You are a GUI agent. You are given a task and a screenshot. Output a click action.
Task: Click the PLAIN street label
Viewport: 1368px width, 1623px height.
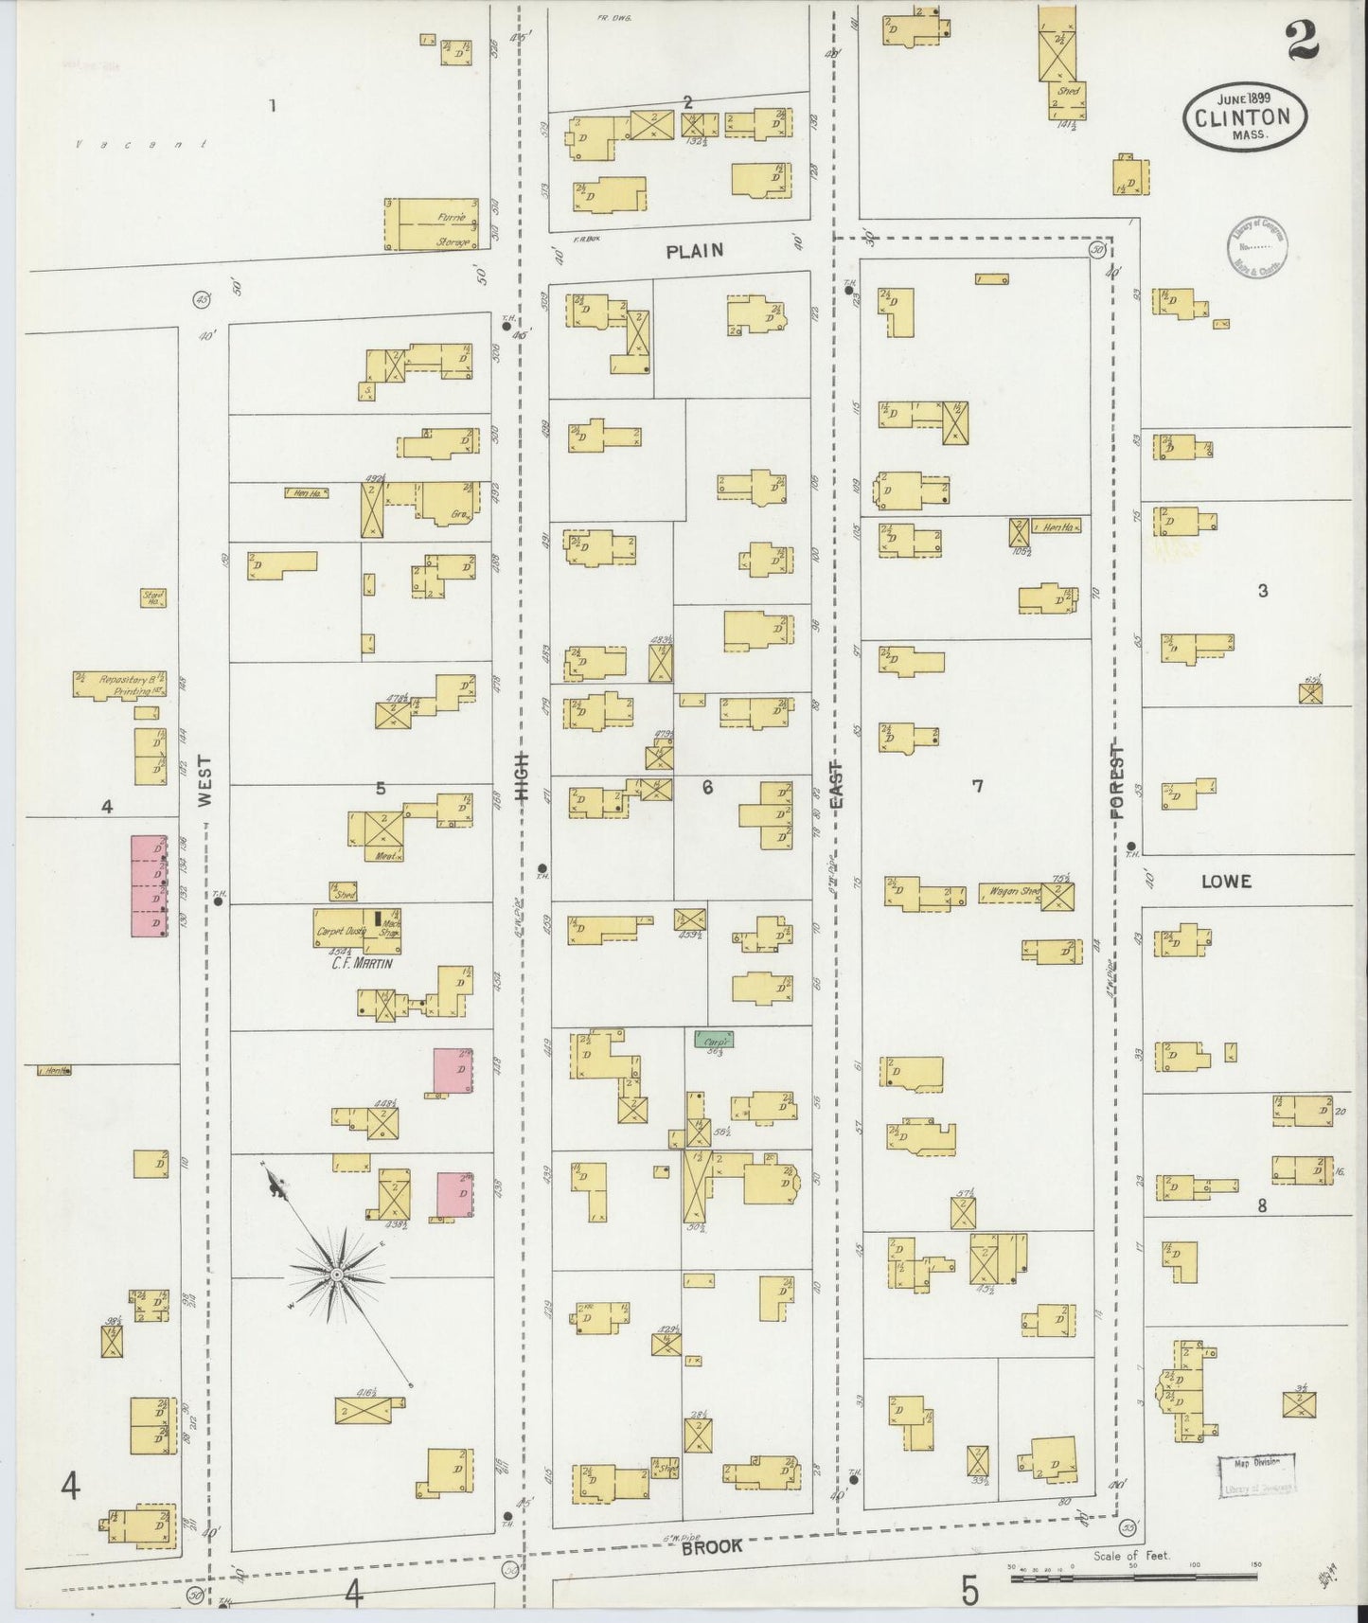[x=694, y=251]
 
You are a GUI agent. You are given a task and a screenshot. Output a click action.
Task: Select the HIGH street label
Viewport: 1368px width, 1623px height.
[x=522, y=777]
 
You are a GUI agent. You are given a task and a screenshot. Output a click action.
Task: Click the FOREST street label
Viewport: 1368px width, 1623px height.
[x=1118, y=782]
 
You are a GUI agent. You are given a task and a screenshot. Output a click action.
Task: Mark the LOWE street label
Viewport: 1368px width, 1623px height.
[x=1226, y=882]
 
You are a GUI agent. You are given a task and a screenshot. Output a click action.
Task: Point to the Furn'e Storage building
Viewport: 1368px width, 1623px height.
[x=436, y=224]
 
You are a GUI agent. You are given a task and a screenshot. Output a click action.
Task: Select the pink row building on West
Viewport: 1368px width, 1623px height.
[x=149, y=886]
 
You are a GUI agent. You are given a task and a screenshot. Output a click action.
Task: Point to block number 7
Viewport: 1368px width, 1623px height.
[x=977, y=785]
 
